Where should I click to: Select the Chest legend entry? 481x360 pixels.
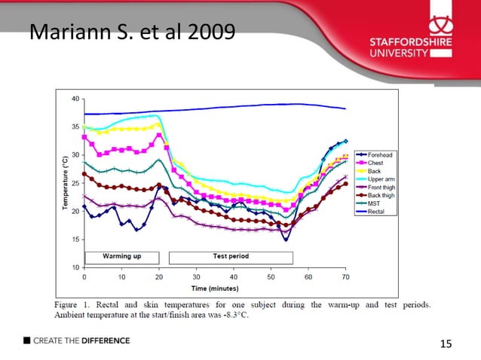click(x=376, y=163)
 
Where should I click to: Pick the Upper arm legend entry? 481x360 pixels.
click(x=381, y=179)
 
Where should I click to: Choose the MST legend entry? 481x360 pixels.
click(x=375, y=203)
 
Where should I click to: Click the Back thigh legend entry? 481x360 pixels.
click(x=381, y=195)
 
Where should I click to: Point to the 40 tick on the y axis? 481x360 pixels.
click(x=75, y=99)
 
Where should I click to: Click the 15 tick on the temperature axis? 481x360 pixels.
click(x=75, y=239)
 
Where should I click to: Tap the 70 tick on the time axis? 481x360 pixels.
click(x=345, y=276)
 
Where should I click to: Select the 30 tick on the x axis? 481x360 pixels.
click(x=196, y=276)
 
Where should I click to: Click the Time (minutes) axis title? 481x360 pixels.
click(x=214, y=288)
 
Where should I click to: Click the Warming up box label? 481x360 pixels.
click(x=121, y=256)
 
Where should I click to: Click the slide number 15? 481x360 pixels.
click(x=446, y=344)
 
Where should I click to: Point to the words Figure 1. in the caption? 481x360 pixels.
click(x=73, y=305)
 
